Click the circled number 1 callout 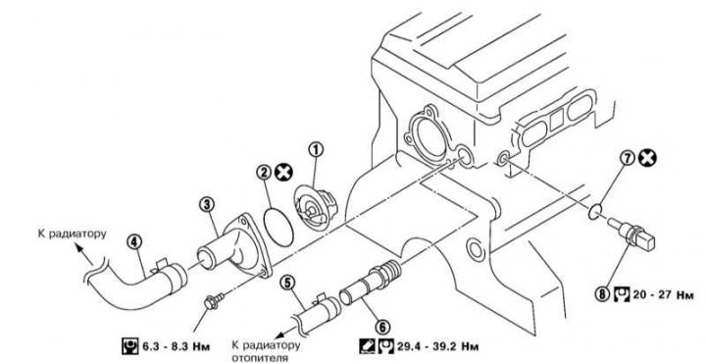point(316,149)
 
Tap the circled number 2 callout point(265,172)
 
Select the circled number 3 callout point(207,204)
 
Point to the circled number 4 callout point(133,242)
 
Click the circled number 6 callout point(383,328)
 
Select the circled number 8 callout point(602,295)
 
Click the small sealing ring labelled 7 point(595,211)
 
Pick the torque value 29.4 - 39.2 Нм point(437,346)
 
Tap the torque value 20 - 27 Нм point(663,295)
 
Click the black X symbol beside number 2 point(283,172)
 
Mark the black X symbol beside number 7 point(647,158)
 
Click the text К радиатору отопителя point(266,351)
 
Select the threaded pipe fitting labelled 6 point(370,283)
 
